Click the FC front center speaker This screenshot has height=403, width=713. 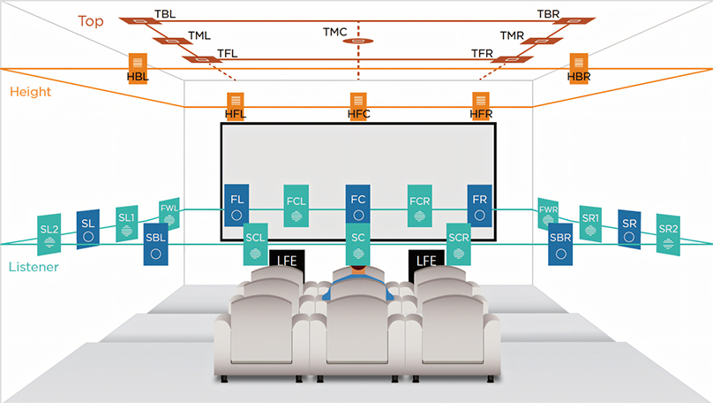tap(357, 206)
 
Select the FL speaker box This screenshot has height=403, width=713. tap(236, 206)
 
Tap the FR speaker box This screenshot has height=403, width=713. tap(479, 206)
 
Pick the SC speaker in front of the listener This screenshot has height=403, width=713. tap(357, 244)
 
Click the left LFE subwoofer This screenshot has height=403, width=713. tap(288, 262)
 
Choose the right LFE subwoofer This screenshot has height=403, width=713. tap(426, 262)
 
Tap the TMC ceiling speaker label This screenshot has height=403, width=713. tap(334, 33)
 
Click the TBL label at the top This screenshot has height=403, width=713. tap(165, 15)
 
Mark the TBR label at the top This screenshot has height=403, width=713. tap(548, 15)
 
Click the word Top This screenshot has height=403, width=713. tap(90, 19)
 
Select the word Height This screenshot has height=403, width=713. tap(30, 91)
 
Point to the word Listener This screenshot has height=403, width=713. tap(34, 266)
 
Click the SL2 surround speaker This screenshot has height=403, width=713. tap(49, 233)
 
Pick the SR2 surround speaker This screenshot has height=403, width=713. tap(668, 233)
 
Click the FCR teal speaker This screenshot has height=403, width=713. tap(419, 206)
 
